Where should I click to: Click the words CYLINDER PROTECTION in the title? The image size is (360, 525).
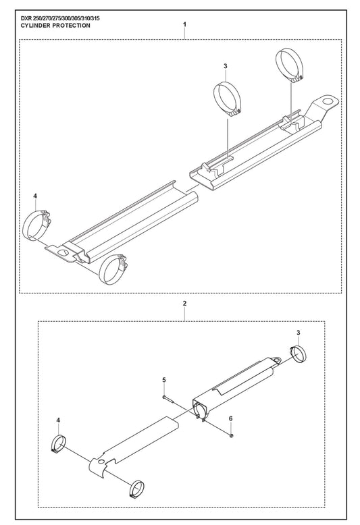point(55,26)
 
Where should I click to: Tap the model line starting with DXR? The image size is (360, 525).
point(60,19)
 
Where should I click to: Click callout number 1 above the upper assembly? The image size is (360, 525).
point(184,24)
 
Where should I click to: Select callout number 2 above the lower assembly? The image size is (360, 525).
point(184,304)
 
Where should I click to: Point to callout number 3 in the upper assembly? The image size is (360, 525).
point(225,66)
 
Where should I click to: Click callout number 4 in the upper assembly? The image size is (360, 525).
point(36,196)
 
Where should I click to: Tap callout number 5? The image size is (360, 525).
point(164,380)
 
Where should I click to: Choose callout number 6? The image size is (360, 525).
point(230,418)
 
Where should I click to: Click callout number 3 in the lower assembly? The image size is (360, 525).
point(299,333)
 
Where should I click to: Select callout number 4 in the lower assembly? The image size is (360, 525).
point(58,420)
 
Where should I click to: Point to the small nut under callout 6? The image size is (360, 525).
point(231,435)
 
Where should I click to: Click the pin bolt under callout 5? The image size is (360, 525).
point(168,397)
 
